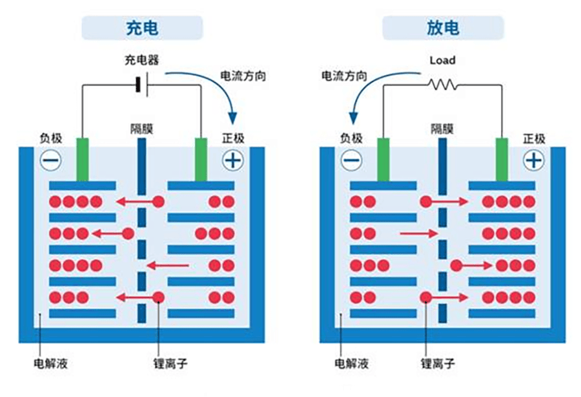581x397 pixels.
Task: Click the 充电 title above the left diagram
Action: pos(142,28)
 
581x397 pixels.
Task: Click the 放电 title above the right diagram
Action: pos(443,28)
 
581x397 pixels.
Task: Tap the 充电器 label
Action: pos(142,59)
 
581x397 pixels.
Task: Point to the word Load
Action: pos(442,60)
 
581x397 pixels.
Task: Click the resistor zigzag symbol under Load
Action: pos(442,85)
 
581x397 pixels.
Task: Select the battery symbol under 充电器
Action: pos(143,85)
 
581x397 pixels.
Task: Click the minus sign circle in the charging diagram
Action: pos(51,160)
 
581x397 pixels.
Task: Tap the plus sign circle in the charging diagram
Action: pos(233,160)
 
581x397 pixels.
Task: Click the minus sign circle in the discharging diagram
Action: pos(352,160)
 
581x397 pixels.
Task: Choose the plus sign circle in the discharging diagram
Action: pos(534,160)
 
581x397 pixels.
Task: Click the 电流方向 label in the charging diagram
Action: pos(243,76)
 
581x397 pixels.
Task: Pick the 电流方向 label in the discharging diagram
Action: pos(344,76)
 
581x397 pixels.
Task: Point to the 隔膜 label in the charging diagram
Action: pos(142,129)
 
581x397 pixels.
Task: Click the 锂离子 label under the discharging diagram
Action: pos(438,363)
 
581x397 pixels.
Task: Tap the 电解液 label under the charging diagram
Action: pos(51,363)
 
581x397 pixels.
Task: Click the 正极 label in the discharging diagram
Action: pos(534,139)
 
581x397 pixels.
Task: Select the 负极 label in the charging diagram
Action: pos(51,138)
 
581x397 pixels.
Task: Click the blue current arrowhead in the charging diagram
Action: pos(232,118)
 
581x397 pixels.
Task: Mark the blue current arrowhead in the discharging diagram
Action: pos(354,118)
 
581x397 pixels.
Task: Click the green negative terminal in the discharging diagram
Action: pos(383,160)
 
